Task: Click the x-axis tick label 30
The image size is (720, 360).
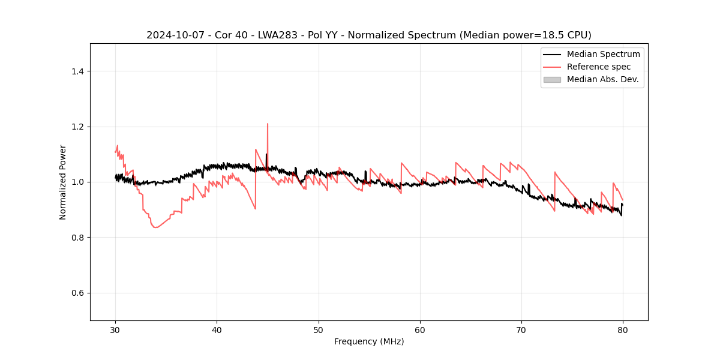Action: (x=115, y=330)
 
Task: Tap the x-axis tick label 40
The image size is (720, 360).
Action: (x=217, y=330)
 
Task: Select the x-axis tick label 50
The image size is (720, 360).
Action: (x=319, y=330)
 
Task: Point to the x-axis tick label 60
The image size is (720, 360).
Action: (x=420, y=330)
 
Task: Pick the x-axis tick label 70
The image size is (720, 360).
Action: (x=521, y=330)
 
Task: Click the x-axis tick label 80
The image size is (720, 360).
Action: (x=623, y=330)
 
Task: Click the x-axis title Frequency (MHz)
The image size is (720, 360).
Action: (x=369, y=341)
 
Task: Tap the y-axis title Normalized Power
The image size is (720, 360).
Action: (x=63, y=182)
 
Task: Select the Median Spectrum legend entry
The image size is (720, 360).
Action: (x=603, y=54)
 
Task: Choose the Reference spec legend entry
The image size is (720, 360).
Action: (x=598, y=67)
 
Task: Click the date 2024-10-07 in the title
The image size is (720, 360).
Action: (x=170, y=35)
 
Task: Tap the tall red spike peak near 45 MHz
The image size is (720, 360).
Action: (x=268, y=124)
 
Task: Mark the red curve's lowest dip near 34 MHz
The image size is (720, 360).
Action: (x=155, y=227)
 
